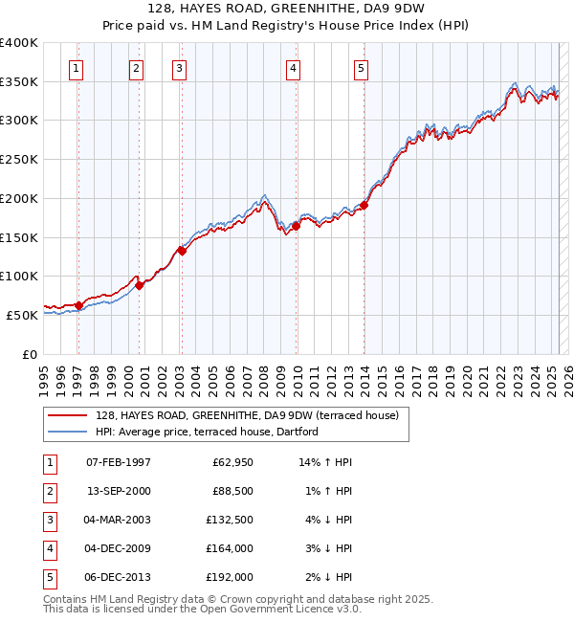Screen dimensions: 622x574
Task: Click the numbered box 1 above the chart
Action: (x=76, y=68)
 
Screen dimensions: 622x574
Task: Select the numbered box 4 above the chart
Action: (x=293, y=68)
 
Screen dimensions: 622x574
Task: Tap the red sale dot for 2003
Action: (x=182, y=252)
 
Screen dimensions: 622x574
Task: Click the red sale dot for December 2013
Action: (x=364, y=205)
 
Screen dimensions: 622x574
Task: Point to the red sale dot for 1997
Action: (x=78, y=305)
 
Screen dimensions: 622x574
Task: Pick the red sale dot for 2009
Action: (x=297, y=227)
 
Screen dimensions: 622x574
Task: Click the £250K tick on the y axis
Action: (x=19, y=160)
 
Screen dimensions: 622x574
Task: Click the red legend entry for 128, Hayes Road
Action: (x=253, y=415)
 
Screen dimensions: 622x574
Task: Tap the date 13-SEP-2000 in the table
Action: (x=118, y=491)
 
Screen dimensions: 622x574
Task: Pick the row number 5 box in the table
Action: (x=48, y=577)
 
